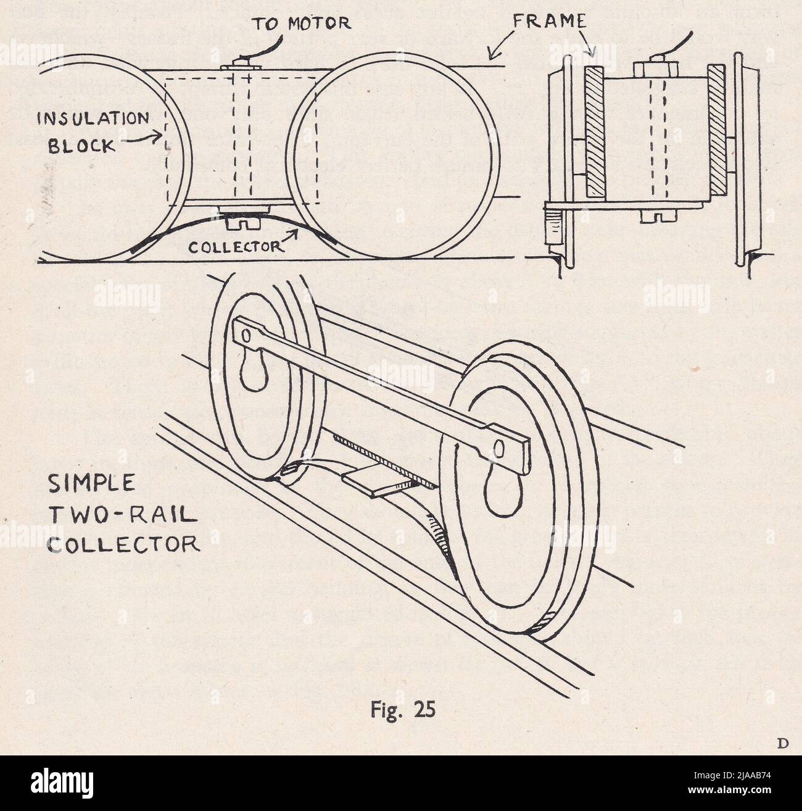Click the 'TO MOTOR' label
coord(301,23)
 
